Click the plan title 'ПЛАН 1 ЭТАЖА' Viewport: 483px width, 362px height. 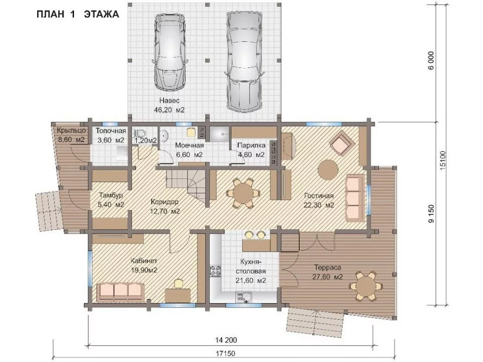(77, 14)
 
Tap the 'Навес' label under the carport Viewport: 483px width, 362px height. (169, 101)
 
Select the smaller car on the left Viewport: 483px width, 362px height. (170, 52)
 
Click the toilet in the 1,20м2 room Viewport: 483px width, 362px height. (140, 134)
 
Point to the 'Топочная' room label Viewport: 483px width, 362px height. (111, 131)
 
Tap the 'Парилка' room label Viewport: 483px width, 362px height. (252, 145)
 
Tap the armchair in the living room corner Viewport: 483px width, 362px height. (342, 142)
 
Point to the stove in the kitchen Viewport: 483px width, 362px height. (215, 270)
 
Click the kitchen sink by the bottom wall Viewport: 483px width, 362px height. (244, 297)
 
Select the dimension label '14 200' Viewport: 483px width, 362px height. (226, 340)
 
